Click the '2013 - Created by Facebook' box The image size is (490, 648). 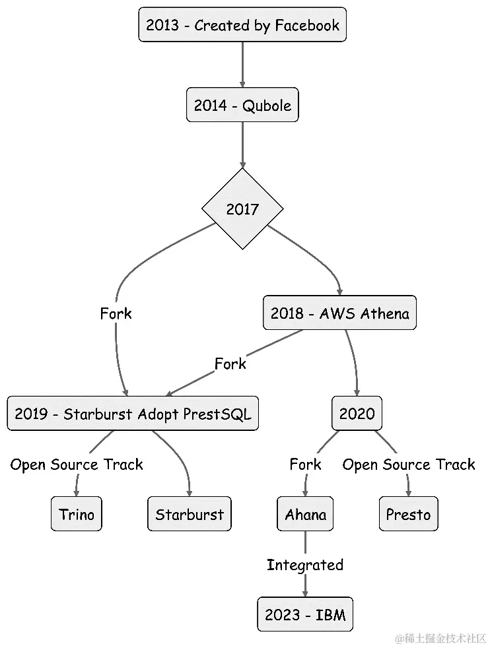[x=242, y=26]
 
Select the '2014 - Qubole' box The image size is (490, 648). [x=242, y=104]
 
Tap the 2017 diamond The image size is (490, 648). [x=242, y=209]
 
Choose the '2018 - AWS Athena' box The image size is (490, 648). [x=339, y=313]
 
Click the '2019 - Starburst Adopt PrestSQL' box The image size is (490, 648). [x=133, y=414]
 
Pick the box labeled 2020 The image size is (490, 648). [x=357, y=414]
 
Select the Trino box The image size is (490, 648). [x=77, y=514]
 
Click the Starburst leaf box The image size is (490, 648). [x=190, y=514]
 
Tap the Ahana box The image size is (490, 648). [x=305, y=514]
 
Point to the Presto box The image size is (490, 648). [x=408, y=514]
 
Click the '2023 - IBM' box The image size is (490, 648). [x=305, y=615]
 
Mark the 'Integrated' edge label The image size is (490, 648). [x=305, y=565]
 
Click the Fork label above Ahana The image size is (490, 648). [x=305, y=465]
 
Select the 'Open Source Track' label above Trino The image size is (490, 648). [x=77, y=465]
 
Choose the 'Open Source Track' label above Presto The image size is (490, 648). [x=408, y=465]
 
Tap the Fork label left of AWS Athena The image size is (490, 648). [x=116, y=313]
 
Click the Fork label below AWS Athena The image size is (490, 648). [x=230, y=364]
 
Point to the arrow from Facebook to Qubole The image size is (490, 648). [x=242, y=65]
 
